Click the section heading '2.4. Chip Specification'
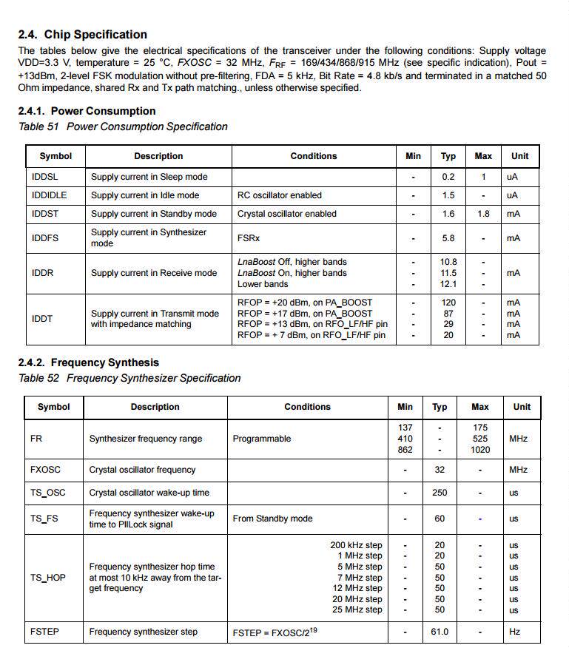click(82, 35)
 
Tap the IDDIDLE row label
click(50, 195)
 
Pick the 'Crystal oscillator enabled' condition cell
click(287, 214)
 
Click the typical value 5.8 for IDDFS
click(448, 238)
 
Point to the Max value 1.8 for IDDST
click(482, 214)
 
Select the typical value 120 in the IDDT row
click(448, 303)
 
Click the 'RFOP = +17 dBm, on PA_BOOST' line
click(305, 314)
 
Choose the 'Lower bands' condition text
click(263, 284)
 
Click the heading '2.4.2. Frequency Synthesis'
click(88, 362)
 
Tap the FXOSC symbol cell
click(46, 470)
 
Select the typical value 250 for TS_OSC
click(440, 493)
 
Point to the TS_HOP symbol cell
click(48, 578)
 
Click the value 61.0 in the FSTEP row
click(440, 632)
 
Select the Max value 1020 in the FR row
click(479, 450)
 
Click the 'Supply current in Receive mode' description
click(154, 273)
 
